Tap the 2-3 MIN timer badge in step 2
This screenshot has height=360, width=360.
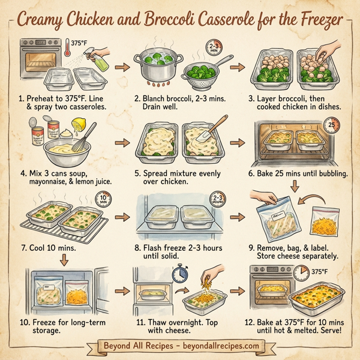pyautogui.click(x=214, y=49)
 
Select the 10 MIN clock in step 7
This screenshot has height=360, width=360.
pyautogui.click(x=103, y=199)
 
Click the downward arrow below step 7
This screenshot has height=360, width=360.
pyautogui.click(x=64, y=259)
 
